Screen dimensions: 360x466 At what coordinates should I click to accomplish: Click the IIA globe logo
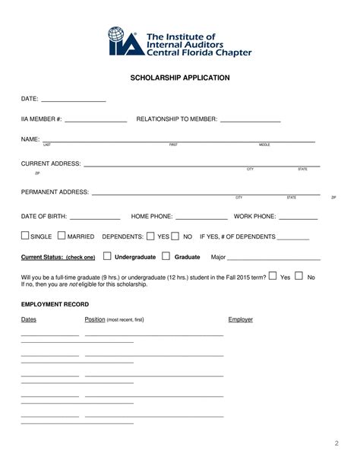119,42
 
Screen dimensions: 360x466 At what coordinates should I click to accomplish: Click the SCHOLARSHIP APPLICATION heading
180,78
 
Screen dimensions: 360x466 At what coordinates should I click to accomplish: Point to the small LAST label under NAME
47,144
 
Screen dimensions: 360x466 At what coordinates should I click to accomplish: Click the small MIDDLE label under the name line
264,144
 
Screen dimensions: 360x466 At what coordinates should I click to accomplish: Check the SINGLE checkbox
26,236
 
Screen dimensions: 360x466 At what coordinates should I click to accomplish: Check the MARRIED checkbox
62,236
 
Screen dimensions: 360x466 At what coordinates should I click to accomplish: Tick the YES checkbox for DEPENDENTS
150,236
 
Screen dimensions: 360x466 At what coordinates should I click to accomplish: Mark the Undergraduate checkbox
106,256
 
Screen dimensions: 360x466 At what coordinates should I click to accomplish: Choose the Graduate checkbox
167,256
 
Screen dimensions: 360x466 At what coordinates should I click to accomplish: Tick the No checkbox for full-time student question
298,276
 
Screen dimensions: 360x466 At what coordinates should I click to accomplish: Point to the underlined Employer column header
240,320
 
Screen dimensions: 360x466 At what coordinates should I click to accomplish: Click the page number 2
336,443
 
